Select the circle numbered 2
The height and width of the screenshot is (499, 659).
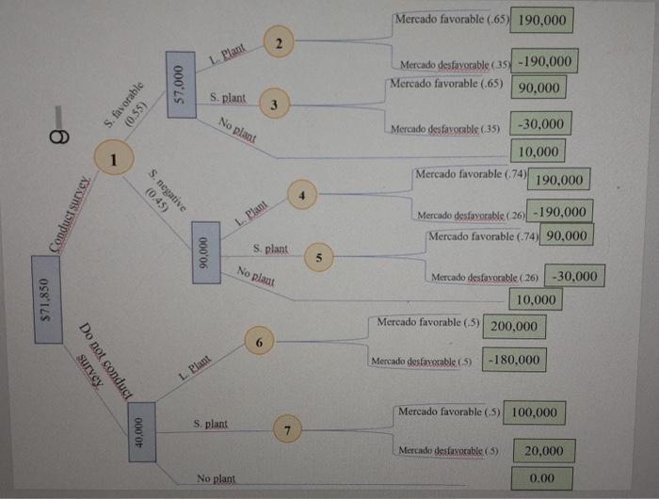coord(280,43)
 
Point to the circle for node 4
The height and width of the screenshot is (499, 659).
coord(301,196)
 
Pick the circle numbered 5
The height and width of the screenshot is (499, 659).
coord(318,256)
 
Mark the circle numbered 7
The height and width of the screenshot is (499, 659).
coord(288,429)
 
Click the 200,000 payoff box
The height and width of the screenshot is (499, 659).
coord(515,327)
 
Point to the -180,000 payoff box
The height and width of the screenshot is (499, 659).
coord(516,360)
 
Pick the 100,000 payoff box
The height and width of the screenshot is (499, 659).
coord(535,412)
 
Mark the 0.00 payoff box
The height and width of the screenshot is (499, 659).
coord(542,478)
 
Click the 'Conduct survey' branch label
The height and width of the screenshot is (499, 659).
coord(74,215)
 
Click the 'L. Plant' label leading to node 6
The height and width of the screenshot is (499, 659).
coord(195,366)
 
